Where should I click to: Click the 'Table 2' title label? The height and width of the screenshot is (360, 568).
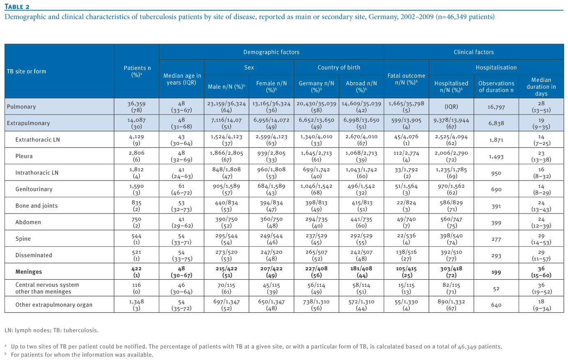17,7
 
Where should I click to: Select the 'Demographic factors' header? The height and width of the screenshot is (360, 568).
271,52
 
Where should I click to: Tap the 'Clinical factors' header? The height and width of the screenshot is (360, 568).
474,52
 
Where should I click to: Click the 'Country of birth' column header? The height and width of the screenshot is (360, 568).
339,67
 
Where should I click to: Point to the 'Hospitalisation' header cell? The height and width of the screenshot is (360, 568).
496,67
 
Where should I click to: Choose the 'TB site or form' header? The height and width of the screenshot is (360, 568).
27,71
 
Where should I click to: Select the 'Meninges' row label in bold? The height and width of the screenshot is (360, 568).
29,272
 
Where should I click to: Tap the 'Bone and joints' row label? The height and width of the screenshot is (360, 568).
37,205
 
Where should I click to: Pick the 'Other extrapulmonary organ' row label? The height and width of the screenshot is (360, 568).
54,305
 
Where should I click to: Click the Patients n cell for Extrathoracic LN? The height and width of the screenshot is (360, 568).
137,140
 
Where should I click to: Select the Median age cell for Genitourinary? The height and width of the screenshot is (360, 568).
181,189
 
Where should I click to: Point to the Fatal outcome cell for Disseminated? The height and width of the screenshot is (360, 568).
406,255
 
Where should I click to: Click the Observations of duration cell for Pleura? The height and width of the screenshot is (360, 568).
496,156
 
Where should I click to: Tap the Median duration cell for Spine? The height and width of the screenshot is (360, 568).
541,239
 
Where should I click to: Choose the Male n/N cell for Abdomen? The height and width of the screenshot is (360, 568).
227,222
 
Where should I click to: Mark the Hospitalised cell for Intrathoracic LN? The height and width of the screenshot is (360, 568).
451,173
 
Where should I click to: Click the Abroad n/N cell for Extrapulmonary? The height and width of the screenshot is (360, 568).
361,123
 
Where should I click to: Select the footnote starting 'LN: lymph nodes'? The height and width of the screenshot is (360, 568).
51,330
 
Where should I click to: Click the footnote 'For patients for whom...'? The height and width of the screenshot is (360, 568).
82,355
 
